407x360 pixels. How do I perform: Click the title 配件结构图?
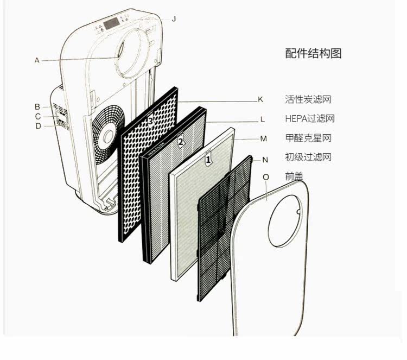coord(313,53)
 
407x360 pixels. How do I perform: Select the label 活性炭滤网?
coord(308,99)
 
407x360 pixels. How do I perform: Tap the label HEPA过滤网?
coord(309,118)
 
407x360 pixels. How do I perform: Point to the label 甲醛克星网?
coord(308,138)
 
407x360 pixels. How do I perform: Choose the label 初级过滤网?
coord(308,157)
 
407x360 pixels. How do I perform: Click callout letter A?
coord(37,60)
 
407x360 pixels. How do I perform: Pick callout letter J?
coord(174,18)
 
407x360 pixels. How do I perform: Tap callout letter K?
coord(260,99)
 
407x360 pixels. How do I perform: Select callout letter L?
coord(262,119)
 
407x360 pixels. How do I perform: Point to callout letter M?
coord(263,138)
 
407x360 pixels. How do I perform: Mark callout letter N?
coord(265,160)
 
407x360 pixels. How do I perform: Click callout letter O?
coord(266,177)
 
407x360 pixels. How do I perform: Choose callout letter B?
coord(37,106)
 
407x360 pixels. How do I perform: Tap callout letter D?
coord(38,126)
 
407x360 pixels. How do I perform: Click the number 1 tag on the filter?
coord(207,160)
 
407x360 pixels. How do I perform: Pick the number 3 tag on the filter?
coord(151,120)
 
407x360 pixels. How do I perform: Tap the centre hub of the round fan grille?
coord(109,134)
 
